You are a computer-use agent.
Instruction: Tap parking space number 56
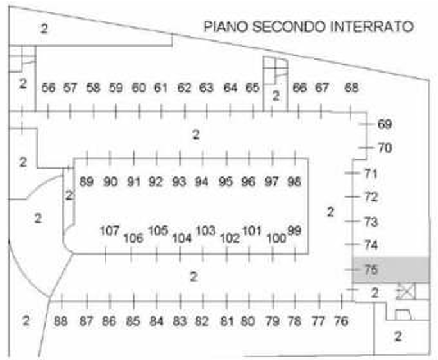(47, 88)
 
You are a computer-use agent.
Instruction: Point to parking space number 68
(351, 88)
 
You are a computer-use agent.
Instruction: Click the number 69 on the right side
(385, 124)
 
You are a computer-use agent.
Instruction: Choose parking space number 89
(86, 182)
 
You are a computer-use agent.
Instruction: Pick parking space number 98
(294, 182)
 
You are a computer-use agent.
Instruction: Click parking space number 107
(110, 230)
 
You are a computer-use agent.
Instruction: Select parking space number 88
(60, 321)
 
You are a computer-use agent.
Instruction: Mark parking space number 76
(341, 321)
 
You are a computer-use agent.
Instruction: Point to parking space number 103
(205, 230)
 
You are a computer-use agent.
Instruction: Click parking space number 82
(201, 321)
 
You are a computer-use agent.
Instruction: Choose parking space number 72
(371, 197)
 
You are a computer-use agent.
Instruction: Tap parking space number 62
(184, 88)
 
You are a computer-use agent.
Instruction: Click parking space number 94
(201, 182)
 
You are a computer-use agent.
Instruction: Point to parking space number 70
(385, 148)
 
